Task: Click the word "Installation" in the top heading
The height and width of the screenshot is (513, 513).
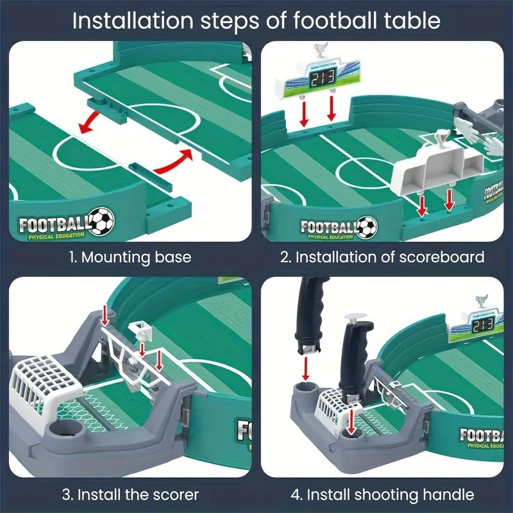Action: [126, 21]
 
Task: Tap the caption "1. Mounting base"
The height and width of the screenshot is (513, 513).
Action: [130, 258]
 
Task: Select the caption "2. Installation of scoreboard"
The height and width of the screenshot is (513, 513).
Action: [382, 258]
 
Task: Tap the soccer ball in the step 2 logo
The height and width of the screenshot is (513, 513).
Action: [366, 226]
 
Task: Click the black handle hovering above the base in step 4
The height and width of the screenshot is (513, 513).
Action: [310, 321]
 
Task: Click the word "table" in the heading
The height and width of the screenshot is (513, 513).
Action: [415, 21]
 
